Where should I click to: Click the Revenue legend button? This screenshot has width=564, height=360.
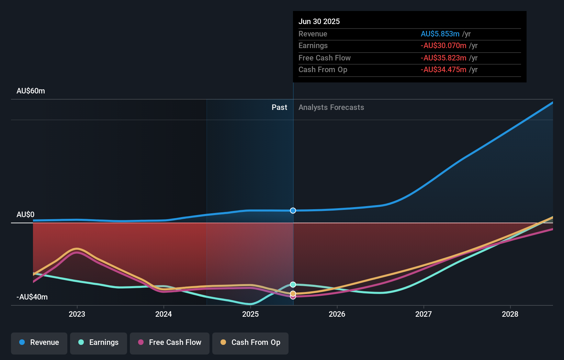coord(39,343)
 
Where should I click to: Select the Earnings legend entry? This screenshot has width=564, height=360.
coord(99,343)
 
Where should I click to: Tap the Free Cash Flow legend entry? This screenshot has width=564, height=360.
coord(170,343)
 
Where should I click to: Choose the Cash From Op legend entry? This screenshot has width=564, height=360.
coord(250,343)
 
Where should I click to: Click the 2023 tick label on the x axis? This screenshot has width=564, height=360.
coord(77,314)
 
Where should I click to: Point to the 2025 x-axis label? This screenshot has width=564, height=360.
coord(250,314)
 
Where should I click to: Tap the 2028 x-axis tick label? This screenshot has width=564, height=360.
coord(510,314)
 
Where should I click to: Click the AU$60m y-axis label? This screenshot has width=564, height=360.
coord(31,91)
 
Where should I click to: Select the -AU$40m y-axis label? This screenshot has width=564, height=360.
coord(32,297)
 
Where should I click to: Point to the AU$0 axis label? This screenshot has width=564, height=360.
coord(25,215)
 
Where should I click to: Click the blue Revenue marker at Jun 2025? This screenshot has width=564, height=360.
coord(293,211)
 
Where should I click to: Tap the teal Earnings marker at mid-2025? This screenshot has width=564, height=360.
coord(293,284)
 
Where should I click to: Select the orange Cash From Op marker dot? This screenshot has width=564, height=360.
coord(293,293)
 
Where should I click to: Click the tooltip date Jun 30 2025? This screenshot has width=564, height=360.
coord(319,22)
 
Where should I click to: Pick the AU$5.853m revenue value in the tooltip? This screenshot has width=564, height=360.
coord(440,34)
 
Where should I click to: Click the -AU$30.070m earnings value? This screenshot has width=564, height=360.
coord(443,46)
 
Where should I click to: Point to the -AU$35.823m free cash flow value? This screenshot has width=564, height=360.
coord(443,58)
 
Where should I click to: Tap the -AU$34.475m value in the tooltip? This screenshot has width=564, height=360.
coord(443,70)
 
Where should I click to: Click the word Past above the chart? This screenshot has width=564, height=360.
coord(279,108)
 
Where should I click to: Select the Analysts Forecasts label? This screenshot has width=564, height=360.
coord(331,108)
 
